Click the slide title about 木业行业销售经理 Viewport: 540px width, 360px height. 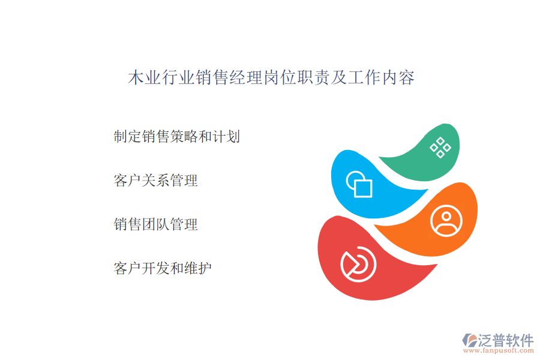pos(271,77)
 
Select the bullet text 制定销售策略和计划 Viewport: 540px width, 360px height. pos(176,136)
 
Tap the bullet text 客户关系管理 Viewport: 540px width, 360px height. pos(155,181)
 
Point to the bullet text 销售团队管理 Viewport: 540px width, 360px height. pos(155,224)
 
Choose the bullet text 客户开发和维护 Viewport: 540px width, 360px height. pos(163,268)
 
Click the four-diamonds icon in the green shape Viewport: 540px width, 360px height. pos(440,148)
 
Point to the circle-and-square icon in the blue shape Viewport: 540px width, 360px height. pos(359,184)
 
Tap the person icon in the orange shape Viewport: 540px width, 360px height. pos(446,221)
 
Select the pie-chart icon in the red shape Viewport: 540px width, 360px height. pos(359,264)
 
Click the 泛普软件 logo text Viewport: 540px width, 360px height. pos(506,340)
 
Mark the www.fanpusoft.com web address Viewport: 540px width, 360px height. pos(499,350)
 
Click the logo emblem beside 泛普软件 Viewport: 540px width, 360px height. pos(470,340)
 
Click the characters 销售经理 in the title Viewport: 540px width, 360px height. pos(229,77)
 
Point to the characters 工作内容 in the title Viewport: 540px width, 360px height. pos(381,77)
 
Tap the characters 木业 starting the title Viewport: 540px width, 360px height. pos(144,77)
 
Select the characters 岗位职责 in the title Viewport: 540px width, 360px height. pos(296,77)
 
